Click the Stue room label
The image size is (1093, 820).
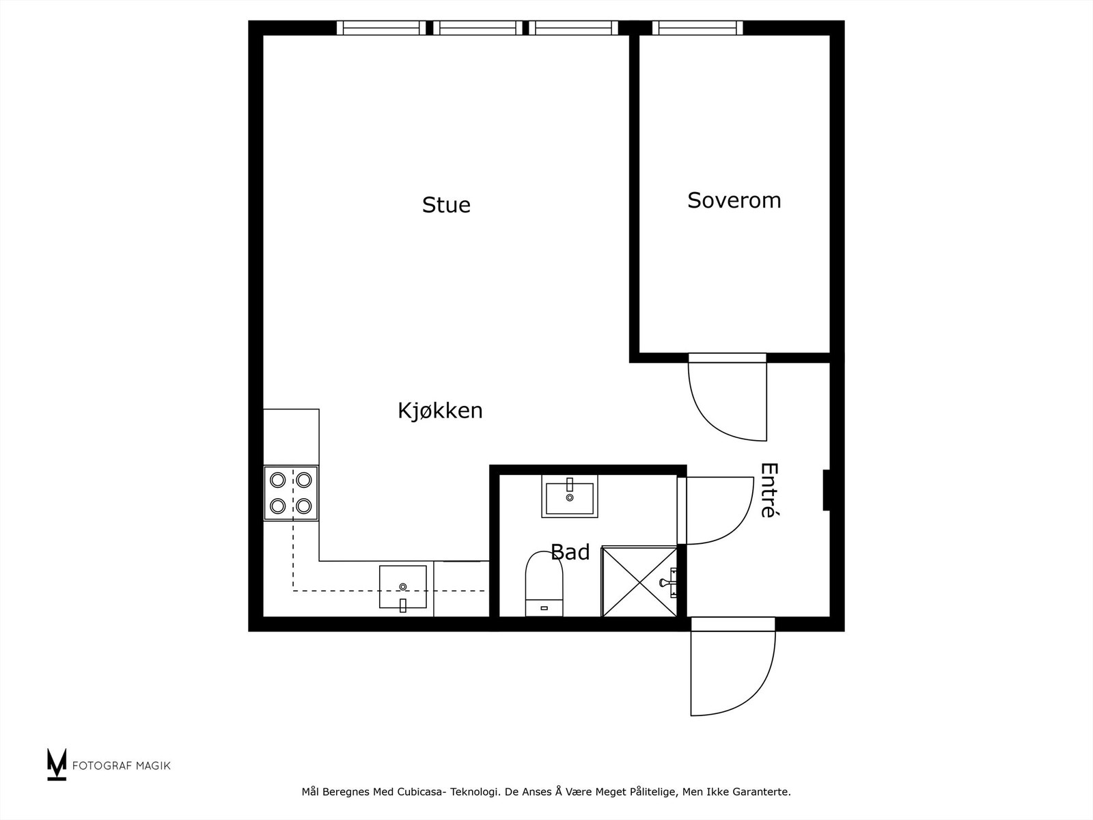(446, 205)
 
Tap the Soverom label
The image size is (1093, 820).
(734, 200)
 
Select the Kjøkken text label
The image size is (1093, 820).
(440, 411)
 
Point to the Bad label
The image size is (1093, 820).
(570, 552)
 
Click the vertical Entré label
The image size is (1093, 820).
(769, 491)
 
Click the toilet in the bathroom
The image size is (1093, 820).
(544, 585)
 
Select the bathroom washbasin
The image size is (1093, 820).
(570, 496)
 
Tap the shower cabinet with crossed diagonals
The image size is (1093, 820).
(639, 582)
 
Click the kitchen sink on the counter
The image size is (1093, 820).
(403, 587)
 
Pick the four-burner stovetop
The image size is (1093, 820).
(291, 493)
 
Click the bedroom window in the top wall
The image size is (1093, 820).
(697, 28)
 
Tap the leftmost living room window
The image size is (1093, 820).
(381, 28)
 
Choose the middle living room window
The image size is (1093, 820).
(478, 28)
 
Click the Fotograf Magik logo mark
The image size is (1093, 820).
(57, 765)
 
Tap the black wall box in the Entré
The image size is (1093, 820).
(826, 490)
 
